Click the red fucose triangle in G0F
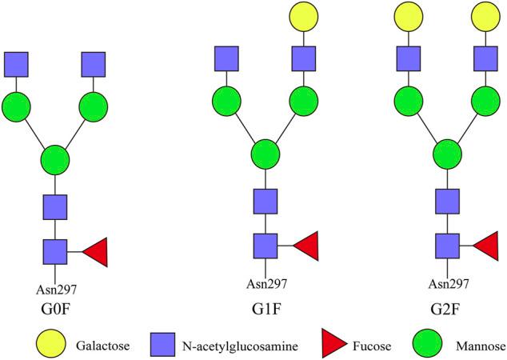[x=94, y=252]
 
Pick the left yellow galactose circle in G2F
[x=407, y=18]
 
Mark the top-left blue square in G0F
[x=17, y=64]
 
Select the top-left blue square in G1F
[x=228, y=58]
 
